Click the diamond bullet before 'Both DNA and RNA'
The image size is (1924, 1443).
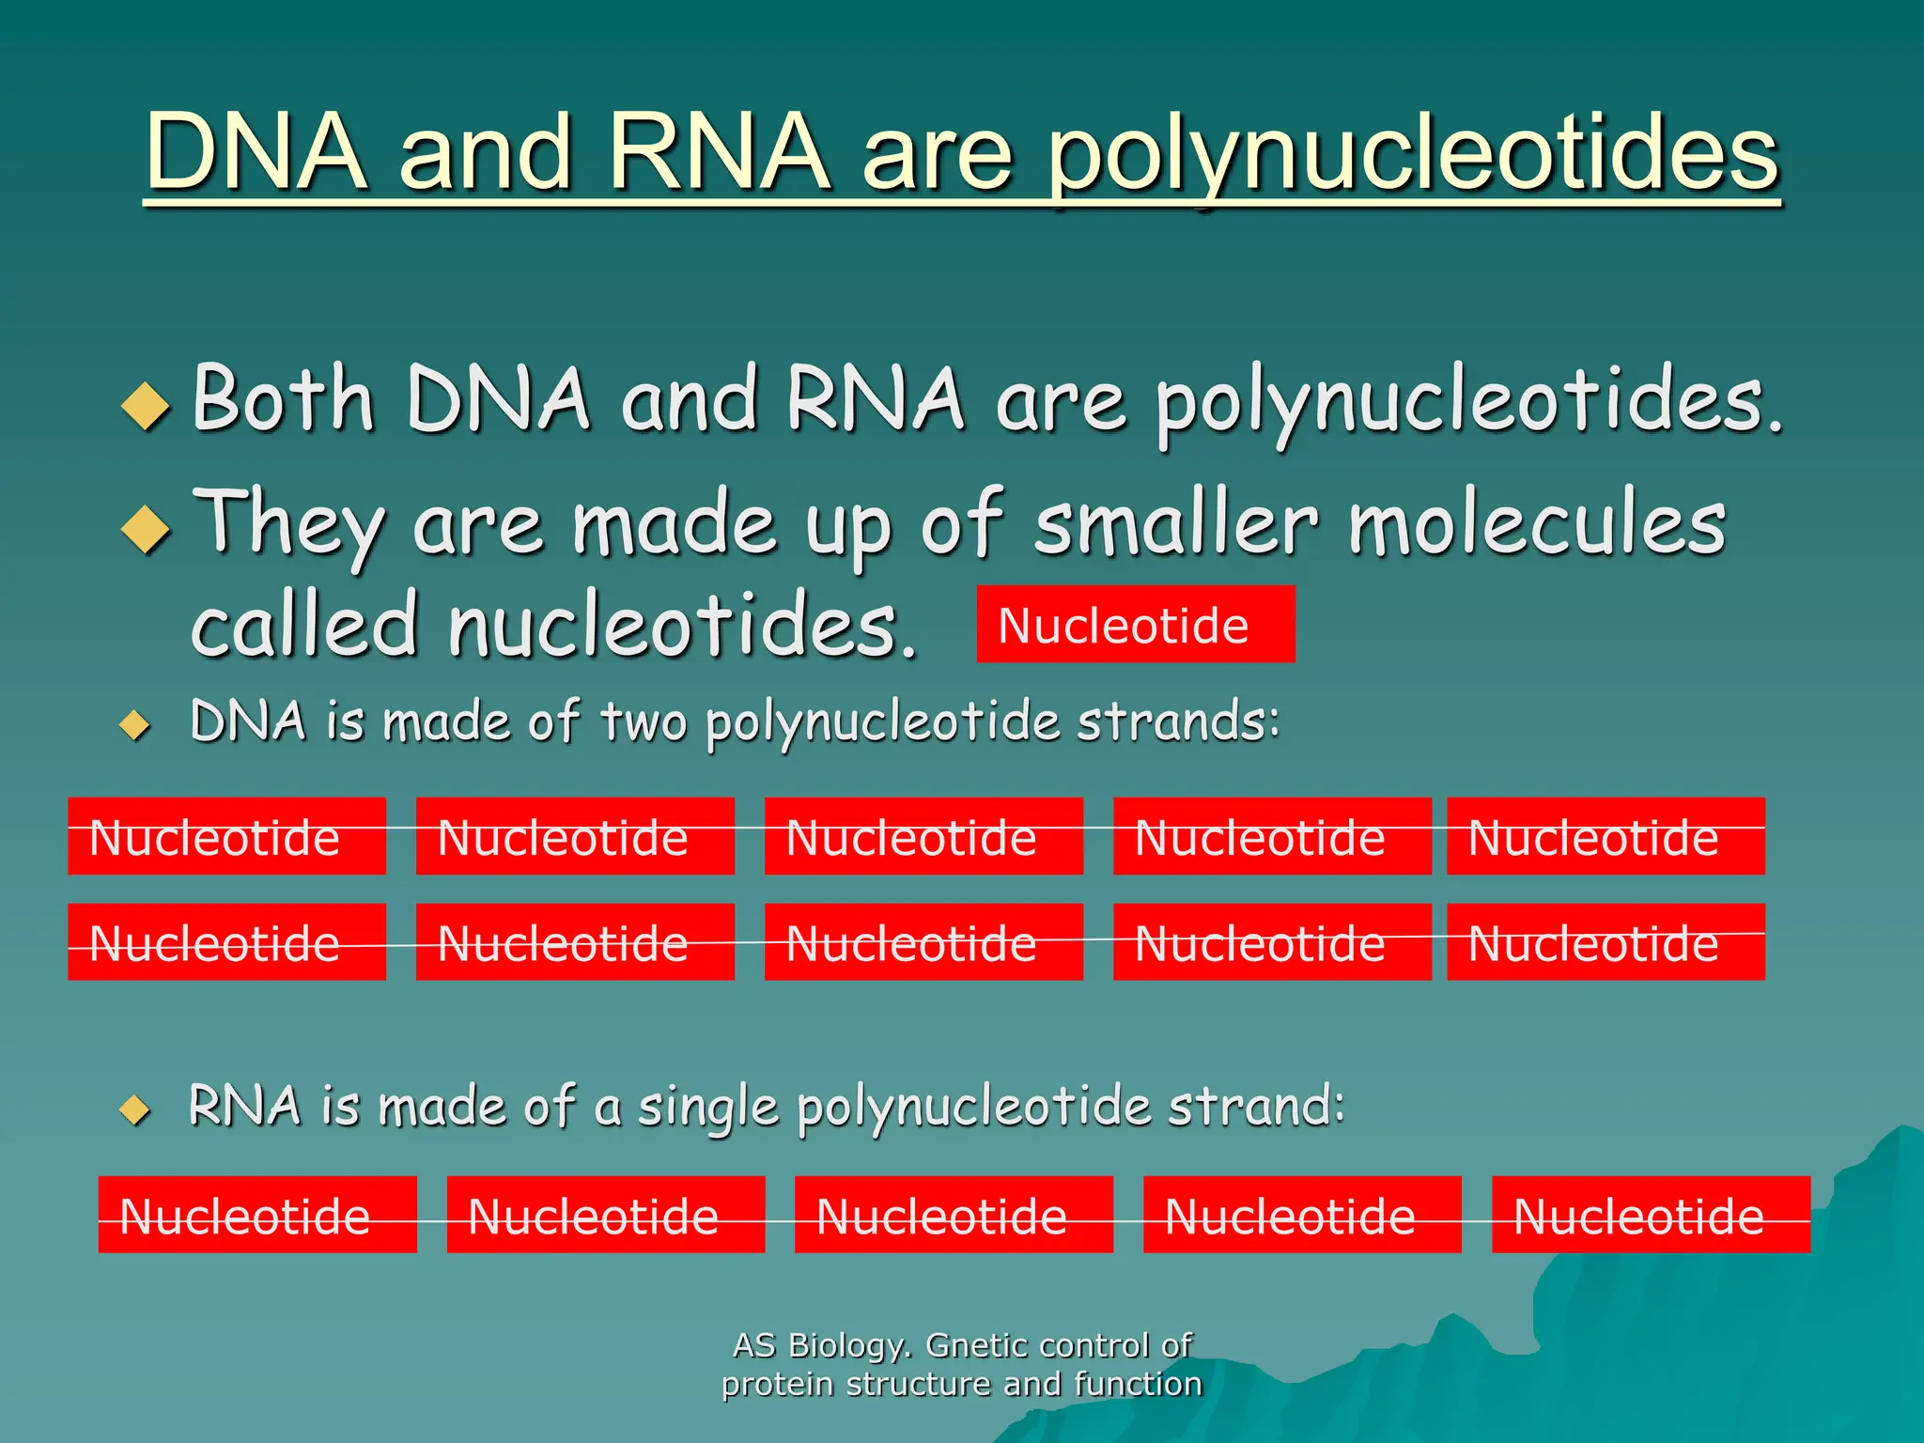click(x=146, y=406)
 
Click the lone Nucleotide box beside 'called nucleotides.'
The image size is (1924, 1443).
click(x=1135, y=624)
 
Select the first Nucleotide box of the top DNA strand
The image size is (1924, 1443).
click(x=226, y=836)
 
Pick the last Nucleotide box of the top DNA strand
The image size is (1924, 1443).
click(x=1606, y=836)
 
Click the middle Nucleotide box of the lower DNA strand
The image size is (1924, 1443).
click(x=923, y=942)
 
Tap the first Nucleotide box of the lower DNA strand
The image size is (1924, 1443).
click(x=226, y=942)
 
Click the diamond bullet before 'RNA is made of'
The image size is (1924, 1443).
click(x=135, y=1110)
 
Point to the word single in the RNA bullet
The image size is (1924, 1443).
click(x=707, y=1107)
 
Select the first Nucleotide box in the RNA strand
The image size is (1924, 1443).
click(x=257, y=1215)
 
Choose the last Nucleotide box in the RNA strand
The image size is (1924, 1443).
click(x=1651, y=1215)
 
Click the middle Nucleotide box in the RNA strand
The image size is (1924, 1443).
click(x=954, y=1215)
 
